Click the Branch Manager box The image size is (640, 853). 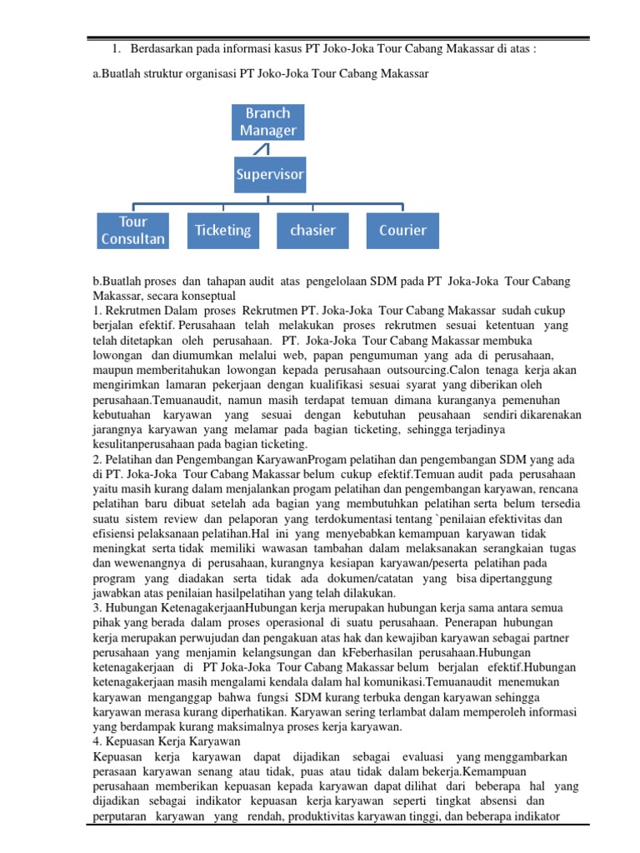click(x=267, y=122)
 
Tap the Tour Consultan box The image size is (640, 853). click(x=132, y=230)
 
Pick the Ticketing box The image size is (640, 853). click(x=222, y=230)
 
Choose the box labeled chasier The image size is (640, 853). click(x=312, y=230)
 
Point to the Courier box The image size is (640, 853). click(x=402, y=230)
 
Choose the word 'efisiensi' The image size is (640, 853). click(x=117, y=534)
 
